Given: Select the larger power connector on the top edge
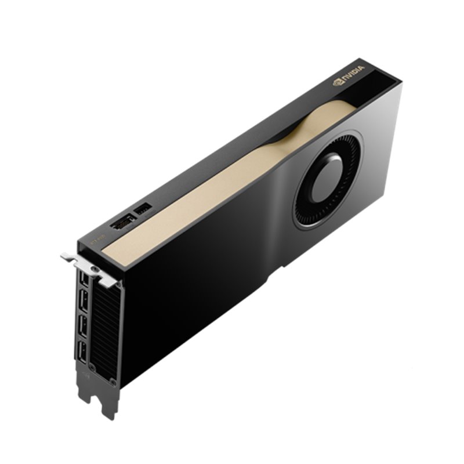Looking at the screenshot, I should tap(122, 223).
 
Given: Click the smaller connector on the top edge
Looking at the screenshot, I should tap(143, 207).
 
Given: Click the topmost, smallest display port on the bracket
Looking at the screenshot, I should tap(85, 280).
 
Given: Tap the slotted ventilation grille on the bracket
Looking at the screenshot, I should tap(104, 331).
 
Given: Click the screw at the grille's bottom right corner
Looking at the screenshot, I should tap(113, 382).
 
